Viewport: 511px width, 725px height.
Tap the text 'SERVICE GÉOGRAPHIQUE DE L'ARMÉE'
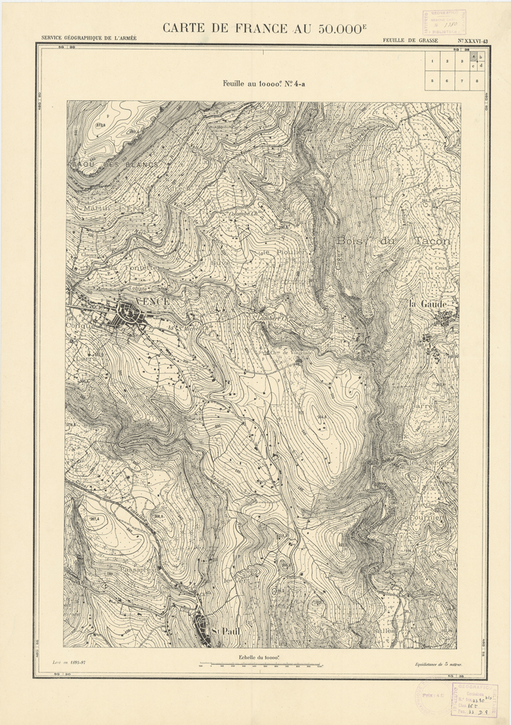pos(88,39)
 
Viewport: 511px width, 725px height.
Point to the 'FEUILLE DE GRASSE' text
pos(410,41)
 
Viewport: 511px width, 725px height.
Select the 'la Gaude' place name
pos(428,304)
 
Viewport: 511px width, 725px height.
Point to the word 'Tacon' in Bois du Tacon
pos(432,241)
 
